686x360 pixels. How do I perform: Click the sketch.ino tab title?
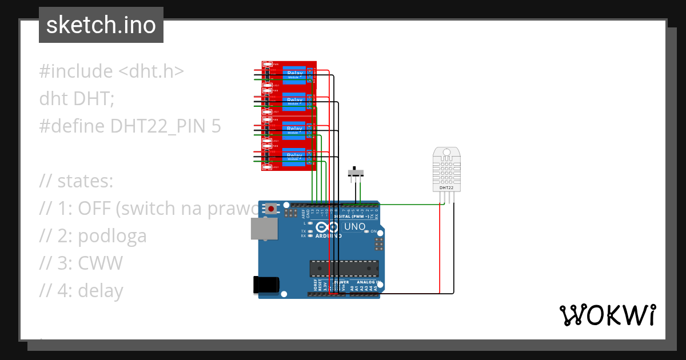coord(101,25)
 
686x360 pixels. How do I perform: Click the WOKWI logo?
coord(607,315)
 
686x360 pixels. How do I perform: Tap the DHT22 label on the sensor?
coord(446,187)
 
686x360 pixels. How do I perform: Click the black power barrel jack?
coord(266,285)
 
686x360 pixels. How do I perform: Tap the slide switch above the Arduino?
coord(357,172)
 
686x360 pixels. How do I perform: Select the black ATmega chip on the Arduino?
coord(344,269)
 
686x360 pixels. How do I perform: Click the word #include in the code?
coord(76,71)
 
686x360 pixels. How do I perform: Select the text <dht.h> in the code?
coord(151,71)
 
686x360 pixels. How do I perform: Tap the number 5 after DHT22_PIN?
coord(216,126)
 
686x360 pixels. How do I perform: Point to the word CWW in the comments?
coord(100,263)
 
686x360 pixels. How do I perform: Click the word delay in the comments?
coord(100,291)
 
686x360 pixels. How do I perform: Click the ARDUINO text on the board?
coord(328,235)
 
